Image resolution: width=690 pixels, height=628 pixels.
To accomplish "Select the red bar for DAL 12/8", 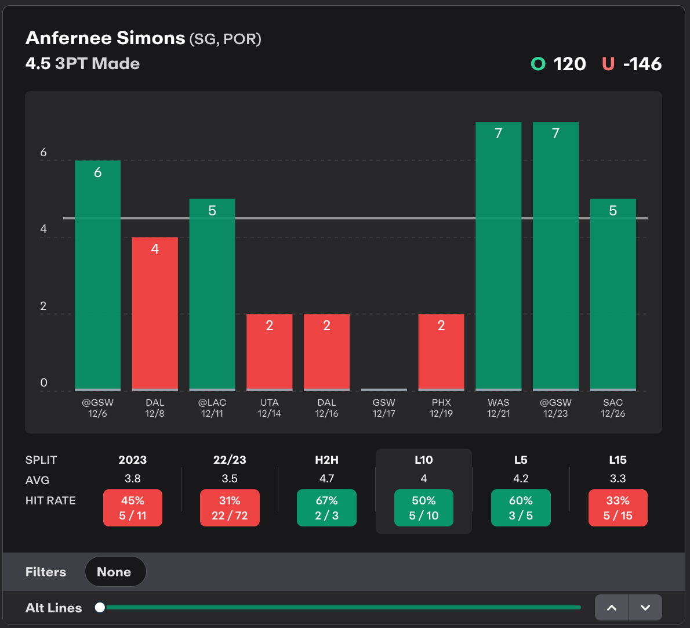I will [x=155, y=313].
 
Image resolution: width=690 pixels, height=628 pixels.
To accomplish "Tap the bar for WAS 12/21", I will [x=498, y=255].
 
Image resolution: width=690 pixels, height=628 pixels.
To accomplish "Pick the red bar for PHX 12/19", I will [x=441, y=352].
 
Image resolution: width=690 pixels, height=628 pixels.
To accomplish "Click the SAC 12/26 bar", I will [x=613, y=294].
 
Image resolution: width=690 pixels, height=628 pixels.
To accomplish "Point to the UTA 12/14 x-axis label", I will [x=269, y=408].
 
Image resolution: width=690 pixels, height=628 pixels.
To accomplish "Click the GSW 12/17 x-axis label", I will [x=384, y=408].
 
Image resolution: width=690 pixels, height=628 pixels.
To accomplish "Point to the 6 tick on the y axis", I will [x=43, y=153].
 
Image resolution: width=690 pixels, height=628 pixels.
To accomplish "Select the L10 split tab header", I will [x=424, y=460].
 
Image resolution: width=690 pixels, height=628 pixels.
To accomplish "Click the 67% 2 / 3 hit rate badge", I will [x=326, y=508].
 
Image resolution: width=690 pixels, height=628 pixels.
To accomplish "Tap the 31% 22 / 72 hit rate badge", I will [x=230, y=508].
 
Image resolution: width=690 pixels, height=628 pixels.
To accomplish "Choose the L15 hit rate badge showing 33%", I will [x=618, y=508].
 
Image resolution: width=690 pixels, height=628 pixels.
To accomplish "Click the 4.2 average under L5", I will [x=521, y=479].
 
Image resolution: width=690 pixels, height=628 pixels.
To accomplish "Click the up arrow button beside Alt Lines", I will [x=612, y=608].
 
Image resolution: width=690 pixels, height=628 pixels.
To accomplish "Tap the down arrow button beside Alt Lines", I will [x=645, y=608].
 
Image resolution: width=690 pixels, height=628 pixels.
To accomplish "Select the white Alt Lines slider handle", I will [x=100, y=607].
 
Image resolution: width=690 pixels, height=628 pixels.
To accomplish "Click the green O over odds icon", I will [x=538, y=64].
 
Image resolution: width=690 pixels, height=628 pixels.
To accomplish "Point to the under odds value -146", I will [x=642, y=64].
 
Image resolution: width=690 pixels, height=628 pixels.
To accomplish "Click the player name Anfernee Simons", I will [x=106, y=38].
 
